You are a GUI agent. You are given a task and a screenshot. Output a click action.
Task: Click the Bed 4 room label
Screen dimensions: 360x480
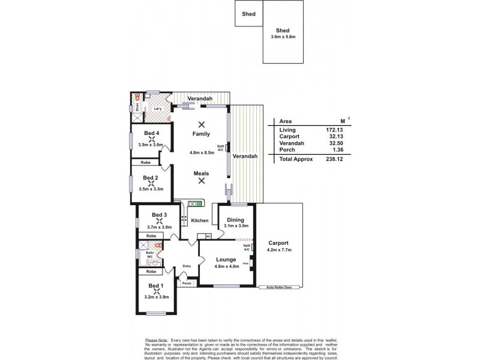coord(151,133)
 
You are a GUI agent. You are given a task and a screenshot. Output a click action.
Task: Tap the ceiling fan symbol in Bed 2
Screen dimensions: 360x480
coord(151,184)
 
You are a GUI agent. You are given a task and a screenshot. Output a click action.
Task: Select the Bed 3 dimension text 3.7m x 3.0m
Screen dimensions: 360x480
coord(159,227)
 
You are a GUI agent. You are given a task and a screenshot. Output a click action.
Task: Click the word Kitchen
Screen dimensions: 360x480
coord(200,221)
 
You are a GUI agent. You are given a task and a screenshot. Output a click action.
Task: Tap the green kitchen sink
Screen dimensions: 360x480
coord(196,204)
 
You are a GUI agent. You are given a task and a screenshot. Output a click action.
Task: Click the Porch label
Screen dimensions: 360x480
coord(187,284)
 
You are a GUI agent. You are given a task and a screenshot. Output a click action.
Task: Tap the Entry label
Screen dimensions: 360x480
coord(187,266)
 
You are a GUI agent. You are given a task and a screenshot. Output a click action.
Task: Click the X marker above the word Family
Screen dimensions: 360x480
coord(202,124)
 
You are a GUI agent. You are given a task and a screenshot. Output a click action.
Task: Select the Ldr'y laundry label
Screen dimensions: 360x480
coord(158,109)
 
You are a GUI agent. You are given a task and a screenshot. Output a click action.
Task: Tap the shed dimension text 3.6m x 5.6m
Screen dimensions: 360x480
coord(283,37)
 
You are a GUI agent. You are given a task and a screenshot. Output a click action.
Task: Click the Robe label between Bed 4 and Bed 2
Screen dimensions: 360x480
coord(145,163)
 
